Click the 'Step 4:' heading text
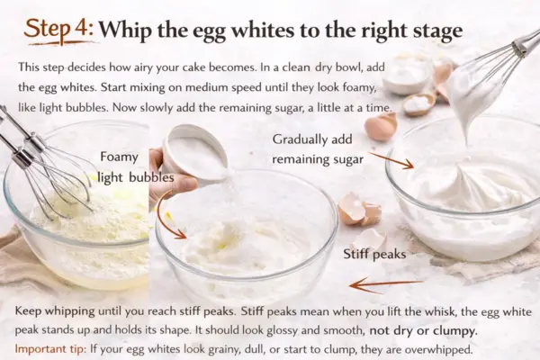tap(58, 29)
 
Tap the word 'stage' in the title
tap(437, 31)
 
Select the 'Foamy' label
tap(119, 157)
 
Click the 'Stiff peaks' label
tap(374, 254)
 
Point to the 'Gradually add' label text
tap(312, 139)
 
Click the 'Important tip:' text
tap(50, 349)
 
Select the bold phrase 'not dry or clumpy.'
tap(423, 331)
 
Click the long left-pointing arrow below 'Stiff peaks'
tap(386, 284)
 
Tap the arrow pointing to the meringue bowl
tap(391, 160)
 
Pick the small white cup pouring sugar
tap(195, 152)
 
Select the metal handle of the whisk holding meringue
tap(526, 43)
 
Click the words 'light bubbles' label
tap(136, 178)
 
